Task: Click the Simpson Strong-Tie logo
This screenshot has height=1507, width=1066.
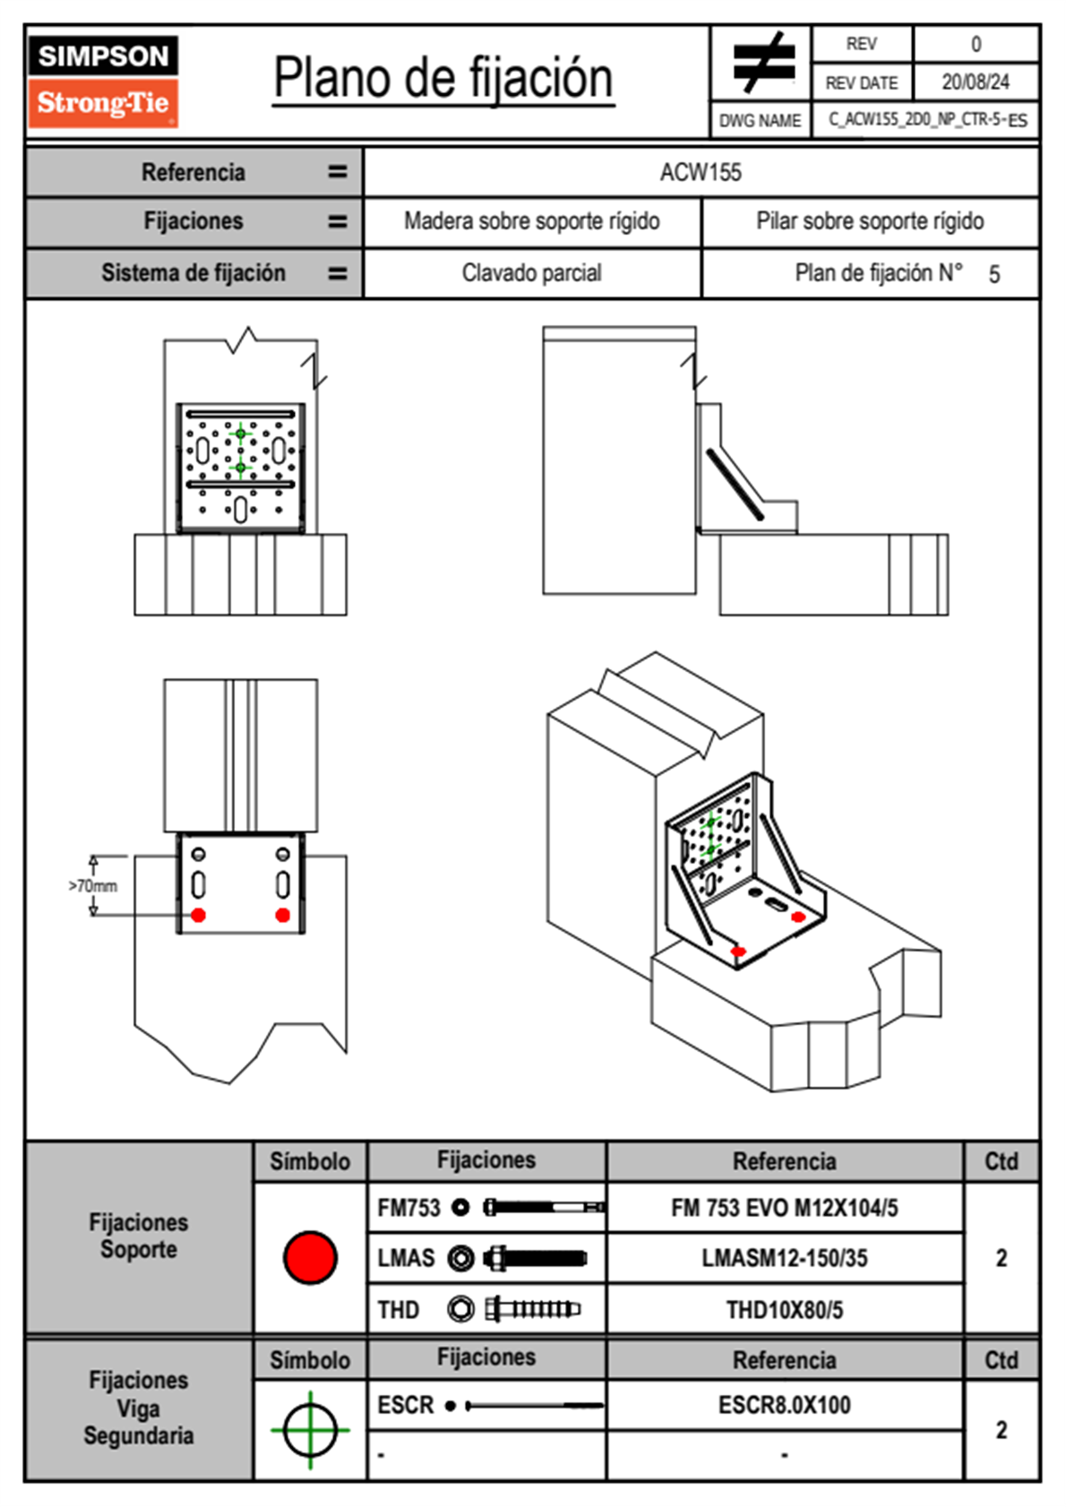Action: (103, 81)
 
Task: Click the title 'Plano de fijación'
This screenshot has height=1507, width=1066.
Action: (443, 79)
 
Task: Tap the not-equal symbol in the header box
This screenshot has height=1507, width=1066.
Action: (762, 63)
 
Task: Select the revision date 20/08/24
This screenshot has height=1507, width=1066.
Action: (975, 82)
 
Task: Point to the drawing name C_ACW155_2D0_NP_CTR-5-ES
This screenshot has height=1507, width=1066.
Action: (926, 120)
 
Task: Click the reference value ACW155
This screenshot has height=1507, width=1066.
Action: (701, 172)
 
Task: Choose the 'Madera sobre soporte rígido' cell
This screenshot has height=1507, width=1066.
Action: (531, 221)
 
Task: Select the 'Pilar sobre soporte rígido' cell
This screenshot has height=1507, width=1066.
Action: (869, 221)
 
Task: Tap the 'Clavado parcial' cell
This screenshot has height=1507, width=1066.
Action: (531, 273)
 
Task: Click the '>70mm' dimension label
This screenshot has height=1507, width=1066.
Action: (93, 886)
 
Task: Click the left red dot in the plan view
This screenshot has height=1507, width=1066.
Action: (199, 915)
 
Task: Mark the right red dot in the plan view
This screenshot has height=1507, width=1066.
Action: (283, 915)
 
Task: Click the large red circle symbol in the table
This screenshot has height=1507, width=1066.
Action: (310, 1257)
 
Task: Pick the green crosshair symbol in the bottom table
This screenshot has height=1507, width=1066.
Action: (310, 1430)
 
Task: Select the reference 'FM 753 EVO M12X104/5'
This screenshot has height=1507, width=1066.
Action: (784, 1208)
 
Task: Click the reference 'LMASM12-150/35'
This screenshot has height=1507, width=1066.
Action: (784, 1258)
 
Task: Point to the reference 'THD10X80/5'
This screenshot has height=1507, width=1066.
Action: (784, 1310)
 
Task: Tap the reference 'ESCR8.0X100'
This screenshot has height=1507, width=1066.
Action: (784, 1405)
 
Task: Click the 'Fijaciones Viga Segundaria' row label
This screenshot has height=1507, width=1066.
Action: (138, 1408)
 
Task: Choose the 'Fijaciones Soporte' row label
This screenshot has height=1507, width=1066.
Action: (138, 1236)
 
